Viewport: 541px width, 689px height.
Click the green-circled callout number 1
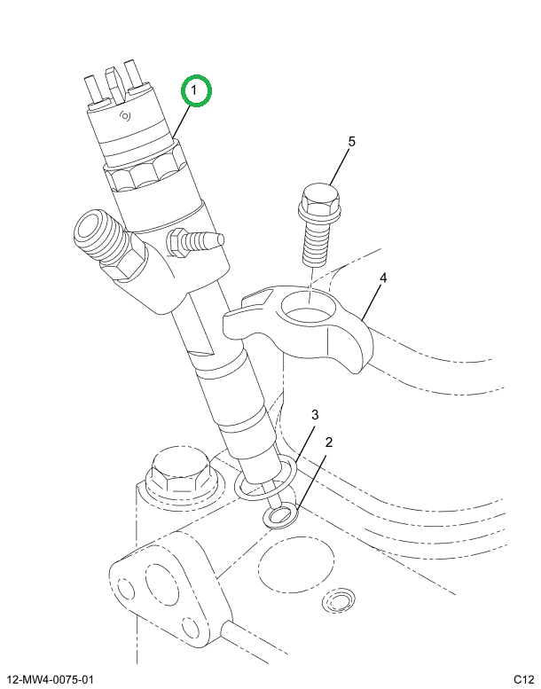coord(197,90)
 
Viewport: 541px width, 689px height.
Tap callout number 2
coord(329,442)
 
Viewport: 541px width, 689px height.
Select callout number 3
coord(315,414)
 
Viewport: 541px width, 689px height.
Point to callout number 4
coord(383,278)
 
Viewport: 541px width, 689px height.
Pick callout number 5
coord(351,142)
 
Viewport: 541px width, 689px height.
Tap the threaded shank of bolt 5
coord(314,244)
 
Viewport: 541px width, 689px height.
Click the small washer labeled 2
coord(280,515)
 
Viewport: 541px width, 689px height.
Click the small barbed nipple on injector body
coord(195,241)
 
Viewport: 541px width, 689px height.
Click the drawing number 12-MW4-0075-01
coord(50,680)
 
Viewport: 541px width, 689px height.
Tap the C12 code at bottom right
coord(523,680)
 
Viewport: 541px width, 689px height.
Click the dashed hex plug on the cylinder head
coord(180,474)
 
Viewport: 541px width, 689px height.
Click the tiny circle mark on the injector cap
coord(125,116)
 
